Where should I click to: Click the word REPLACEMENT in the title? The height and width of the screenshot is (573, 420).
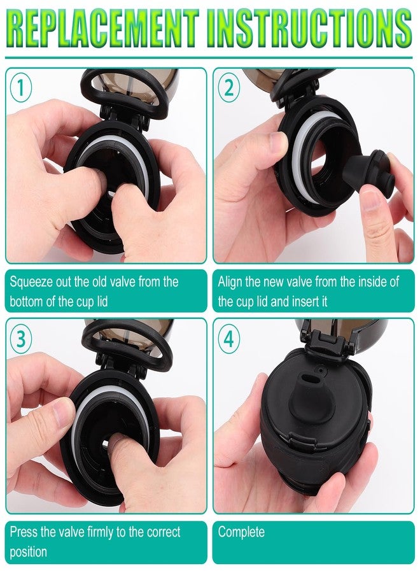(102, 29)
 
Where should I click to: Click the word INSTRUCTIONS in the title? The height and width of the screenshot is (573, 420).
(310, 29)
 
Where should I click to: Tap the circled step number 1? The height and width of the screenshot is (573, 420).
(20, 88)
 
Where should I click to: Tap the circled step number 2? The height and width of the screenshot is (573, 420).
(228, 88)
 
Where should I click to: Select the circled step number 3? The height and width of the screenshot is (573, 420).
(20, 339)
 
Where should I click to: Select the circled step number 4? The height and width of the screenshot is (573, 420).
(228, 339)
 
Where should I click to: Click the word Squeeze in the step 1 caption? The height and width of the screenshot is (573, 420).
(31, 283)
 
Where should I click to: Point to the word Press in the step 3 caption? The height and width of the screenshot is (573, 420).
(23, 532)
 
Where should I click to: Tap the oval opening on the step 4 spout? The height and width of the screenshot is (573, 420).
(311, 380)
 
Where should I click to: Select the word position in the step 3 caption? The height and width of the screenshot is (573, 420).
(29, 552)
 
